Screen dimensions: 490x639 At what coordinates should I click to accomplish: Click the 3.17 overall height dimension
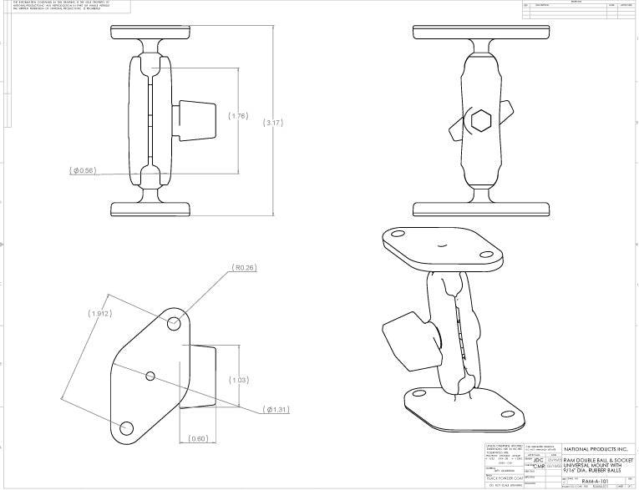pyautogui.click(x=274, y=123)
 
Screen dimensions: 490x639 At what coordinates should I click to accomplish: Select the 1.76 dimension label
pyautogui.click(x=238, y=116)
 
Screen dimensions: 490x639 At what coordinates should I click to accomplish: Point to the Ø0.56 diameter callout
pyautogui.click(x=84, y=170)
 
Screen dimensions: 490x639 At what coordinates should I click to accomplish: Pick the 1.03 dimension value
pyautogui.click(x=240, y=380)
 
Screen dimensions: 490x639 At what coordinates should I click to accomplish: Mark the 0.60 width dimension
pyautogui.click(x=199, y=438)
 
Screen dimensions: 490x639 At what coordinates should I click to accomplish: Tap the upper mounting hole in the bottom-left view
pyautogui.click(x=175, y=322)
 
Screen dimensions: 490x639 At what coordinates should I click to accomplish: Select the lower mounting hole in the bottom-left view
pyautogui.click(x=127, y=428)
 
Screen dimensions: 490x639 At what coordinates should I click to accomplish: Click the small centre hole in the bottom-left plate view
pyautogui.click(x=150, y=376)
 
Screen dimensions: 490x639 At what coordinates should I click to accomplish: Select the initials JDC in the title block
pyautogui.click(x=539, y=459)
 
